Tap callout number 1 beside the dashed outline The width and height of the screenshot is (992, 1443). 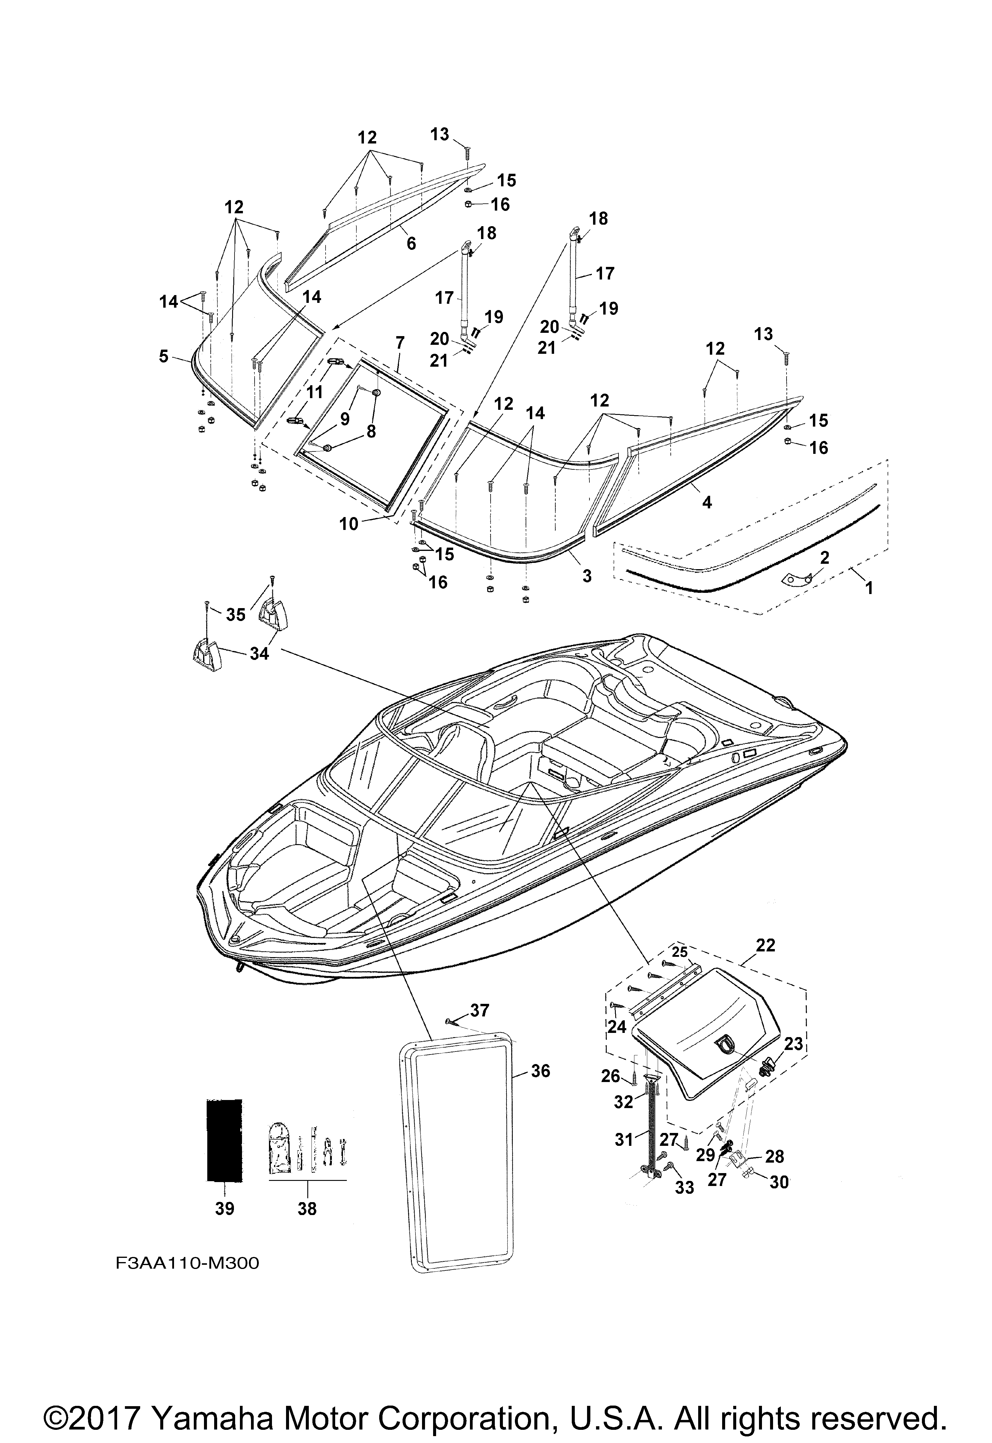coord(869,587)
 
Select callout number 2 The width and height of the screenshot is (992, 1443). coord(824,557)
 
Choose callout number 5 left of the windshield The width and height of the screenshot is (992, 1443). coord(164,356)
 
